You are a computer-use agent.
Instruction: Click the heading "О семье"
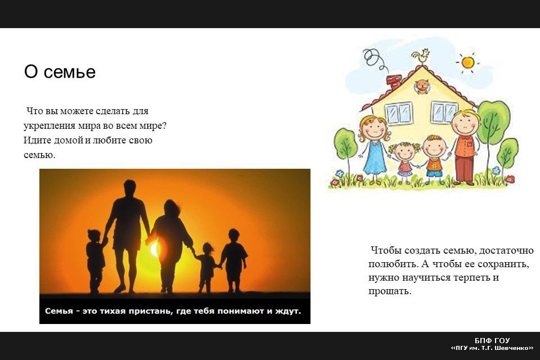[60, 71]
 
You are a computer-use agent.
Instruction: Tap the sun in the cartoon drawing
[467, 62]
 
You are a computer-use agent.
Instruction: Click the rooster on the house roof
[421, 56]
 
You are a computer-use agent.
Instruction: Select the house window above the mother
[399, 112]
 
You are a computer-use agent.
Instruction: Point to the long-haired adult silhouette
[171, 245]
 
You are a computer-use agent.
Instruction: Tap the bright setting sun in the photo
[155, 249]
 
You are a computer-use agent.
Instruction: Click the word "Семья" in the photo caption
[59, 311]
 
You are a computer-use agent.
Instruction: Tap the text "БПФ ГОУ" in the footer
[492, 341]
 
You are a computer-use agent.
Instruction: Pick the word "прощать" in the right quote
[389, 291]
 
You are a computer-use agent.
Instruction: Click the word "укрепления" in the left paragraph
[49, 126]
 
